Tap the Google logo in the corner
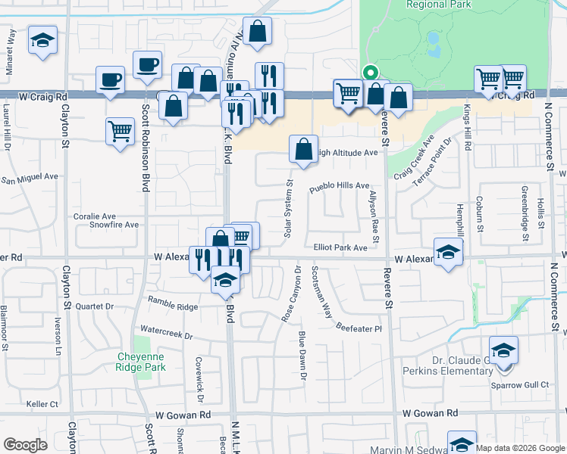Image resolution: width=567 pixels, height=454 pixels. (26, 445)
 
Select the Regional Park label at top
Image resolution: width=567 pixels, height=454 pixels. (439, 4)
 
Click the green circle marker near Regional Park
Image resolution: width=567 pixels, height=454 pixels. (370, 73)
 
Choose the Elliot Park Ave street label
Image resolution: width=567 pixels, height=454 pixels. (340, 247)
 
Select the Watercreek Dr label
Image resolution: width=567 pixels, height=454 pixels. (167, 333)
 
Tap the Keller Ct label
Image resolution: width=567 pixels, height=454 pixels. (42, 404)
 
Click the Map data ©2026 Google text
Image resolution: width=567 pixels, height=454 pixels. (520, 448)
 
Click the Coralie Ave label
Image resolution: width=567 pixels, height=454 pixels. (94, 216)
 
